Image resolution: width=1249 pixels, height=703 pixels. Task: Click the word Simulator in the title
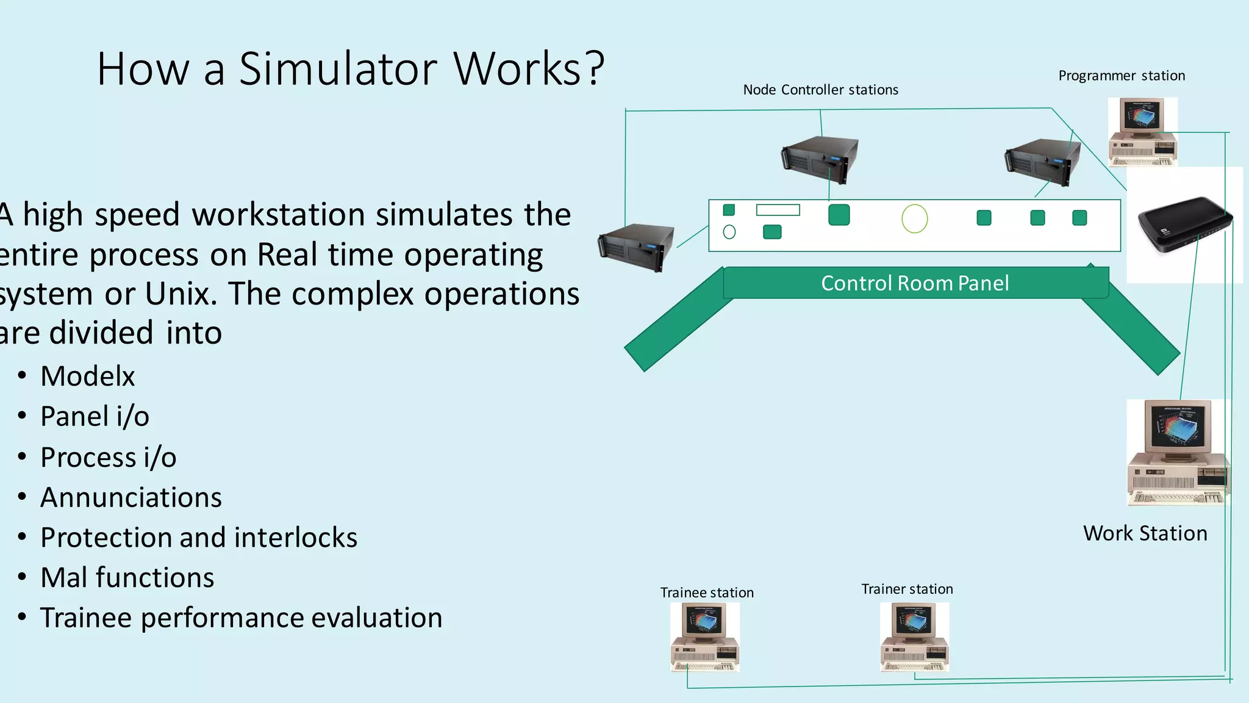click(x=338, y=68)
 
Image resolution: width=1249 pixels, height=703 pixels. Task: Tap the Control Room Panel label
click(x=915, y=283)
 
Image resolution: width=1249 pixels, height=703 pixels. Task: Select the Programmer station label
click(x=1122, y=76)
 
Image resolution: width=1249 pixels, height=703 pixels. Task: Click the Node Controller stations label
click(x=820, y=90)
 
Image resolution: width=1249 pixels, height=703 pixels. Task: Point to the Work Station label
click(x=1145, y=533)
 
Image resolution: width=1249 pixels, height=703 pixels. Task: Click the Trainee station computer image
click(x=705, y=636)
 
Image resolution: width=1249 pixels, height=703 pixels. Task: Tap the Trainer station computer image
click(x=915, y=636)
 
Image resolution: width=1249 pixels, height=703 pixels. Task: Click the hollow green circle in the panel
click(x=914, y=218)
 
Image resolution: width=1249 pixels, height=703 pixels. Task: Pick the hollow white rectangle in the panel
click(x=778, y=210)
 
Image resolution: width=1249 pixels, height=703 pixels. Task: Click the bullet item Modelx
click(x=87, y=376)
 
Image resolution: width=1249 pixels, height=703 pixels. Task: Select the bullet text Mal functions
click(x=127, y=577)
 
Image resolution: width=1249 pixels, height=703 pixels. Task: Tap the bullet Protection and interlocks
click(x=198, y=537)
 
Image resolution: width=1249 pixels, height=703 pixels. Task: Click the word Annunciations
click(x=131, y=497)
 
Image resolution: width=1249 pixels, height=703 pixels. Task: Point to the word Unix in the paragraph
click(x=181, y=294)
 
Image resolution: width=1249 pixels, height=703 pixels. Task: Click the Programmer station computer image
click(x=1142, y=131)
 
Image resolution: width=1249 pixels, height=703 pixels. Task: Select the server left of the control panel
click(x=636, y=247)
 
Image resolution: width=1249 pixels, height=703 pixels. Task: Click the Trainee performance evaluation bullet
click(x=241, y=618)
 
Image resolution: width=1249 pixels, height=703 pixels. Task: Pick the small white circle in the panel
click(x=729, y=232)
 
